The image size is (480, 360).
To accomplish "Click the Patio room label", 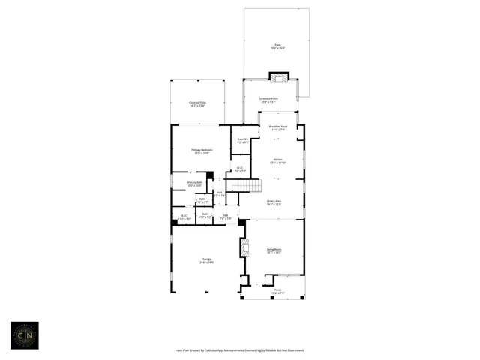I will pos(277,46).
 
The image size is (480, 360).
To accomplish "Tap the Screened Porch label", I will pos(268,99).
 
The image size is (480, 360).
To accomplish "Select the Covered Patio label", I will pos(197,104).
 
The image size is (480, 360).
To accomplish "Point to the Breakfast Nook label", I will pos(278,128).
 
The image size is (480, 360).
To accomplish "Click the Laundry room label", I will pos(243,140).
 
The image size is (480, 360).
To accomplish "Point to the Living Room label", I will pos(274,250).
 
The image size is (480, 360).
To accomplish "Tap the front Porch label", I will pos(277,291).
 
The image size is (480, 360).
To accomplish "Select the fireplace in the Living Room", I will pos(243,248).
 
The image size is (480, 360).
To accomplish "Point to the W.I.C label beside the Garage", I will pos(184,217).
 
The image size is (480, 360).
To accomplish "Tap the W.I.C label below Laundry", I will pos(239,169).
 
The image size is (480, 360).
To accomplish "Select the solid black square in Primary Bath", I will pos(210,175).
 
